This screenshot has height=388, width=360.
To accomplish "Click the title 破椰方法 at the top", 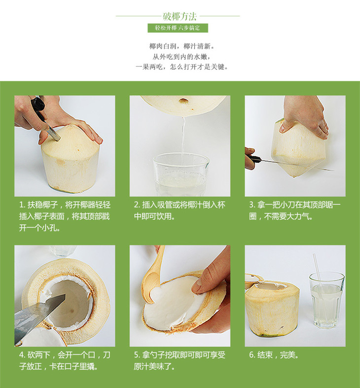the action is (x=180, y=16).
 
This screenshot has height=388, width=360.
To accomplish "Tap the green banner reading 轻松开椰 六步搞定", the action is (x=178, y=28).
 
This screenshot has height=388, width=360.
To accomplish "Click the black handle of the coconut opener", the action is (x=38, y=106).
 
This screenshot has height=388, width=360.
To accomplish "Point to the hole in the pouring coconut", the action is (x=183, y=101).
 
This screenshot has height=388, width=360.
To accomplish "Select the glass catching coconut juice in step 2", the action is (x=181, y=175).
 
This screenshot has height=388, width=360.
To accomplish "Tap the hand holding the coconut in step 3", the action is (x=305, y=116).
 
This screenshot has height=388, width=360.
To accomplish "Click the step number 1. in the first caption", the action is (x=22, y=205).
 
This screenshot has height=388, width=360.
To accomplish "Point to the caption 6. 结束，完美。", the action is (x=274, y=355).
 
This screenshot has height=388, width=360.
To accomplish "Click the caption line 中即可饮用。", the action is (x=154, y=216).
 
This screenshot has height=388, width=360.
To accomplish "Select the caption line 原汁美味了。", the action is (x=154, y=366).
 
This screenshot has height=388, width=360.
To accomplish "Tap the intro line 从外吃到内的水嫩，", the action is (x=181, y=57).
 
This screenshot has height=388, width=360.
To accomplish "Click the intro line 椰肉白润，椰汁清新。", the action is (x=182, y=46).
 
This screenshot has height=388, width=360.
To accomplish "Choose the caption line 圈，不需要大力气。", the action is (x=281, y=216).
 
